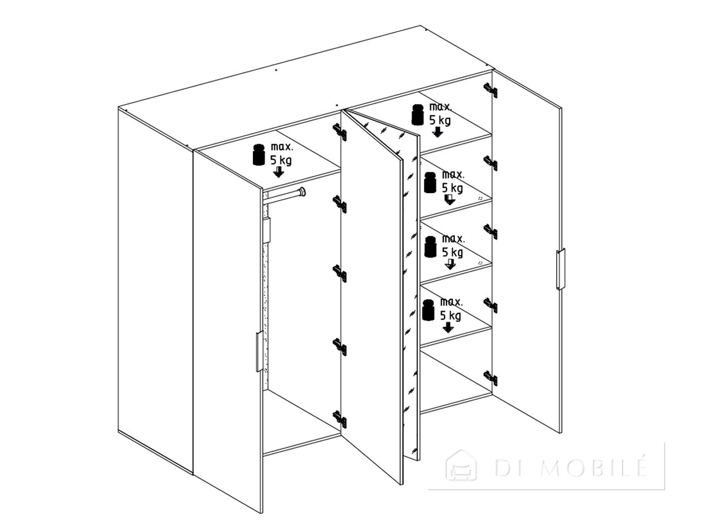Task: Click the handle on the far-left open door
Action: tap(259, 351)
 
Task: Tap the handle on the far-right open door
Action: tap(561, 269)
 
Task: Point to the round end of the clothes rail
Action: tap(302, 192)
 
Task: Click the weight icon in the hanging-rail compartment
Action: tap(259, 155)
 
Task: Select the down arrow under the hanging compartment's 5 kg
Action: tap(279, 172)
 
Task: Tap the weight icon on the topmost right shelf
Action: tap(418, 114)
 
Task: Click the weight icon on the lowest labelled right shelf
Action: tap(429, 310)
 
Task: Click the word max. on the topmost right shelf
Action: tap(440, 107)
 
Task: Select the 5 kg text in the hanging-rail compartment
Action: tap(281, 160)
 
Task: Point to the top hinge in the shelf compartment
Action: tap(491, 90)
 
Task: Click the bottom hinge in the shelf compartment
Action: tap(491, 378)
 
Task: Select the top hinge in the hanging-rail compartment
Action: tap(340, 132)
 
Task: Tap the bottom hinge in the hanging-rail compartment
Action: tap(340, 419)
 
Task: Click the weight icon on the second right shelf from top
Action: tap(430, 182)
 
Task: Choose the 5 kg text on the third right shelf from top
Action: tap(452, 253)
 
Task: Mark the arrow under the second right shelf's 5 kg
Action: tap(450, 199)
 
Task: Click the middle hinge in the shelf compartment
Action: tap(491, 231)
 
